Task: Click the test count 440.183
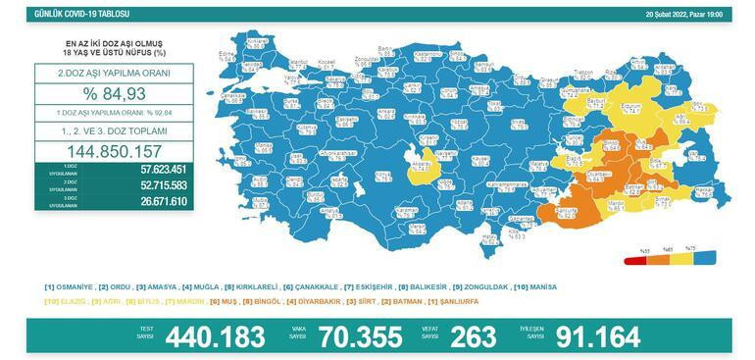216,336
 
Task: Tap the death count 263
472,336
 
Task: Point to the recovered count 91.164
597,336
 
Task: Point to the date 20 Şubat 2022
671,15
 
